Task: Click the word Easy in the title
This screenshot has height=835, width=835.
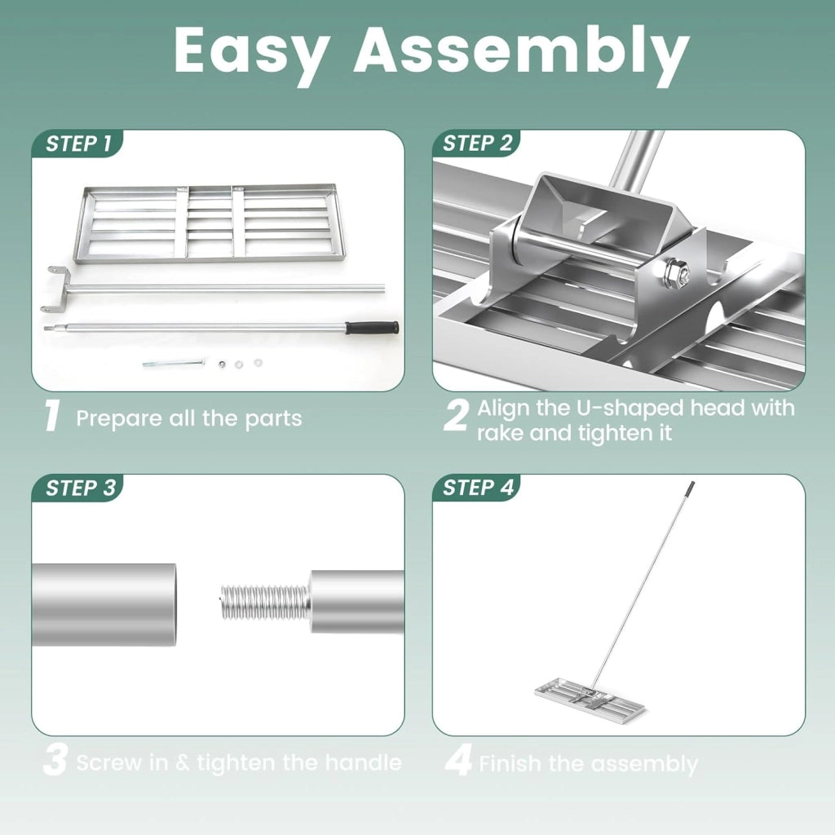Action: tap(250, 51)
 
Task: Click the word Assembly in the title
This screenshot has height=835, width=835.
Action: tap(522, 51)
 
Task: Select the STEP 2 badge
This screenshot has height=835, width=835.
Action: tap(476, 144)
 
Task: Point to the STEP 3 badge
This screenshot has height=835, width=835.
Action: tap(79, 488)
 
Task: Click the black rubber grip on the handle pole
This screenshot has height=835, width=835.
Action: tap(372, 327)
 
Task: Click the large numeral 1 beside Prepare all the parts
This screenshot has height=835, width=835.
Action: tap(52, 417)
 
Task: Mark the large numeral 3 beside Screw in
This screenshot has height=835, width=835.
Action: tap(55, 761)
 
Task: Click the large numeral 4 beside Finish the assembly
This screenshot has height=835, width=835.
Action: tap(458, 761)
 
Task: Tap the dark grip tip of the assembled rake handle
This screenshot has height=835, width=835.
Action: tap(691, 487)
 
